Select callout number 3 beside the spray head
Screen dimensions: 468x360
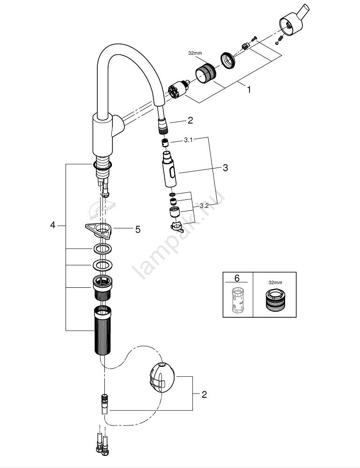[225, 168]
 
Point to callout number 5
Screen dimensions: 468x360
[137, 229]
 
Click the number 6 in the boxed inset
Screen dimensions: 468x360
[237, 278]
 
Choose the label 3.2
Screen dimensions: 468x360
[204, 205]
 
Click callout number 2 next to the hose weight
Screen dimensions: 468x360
[204, 395]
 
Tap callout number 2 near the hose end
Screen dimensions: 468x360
[190, 120]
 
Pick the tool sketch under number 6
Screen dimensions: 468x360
[237, 300]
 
